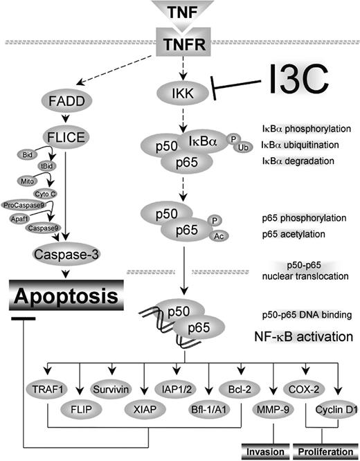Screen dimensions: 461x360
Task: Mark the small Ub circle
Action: pos(242,148)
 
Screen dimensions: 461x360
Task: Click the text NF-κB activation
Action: pos(301,338)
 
